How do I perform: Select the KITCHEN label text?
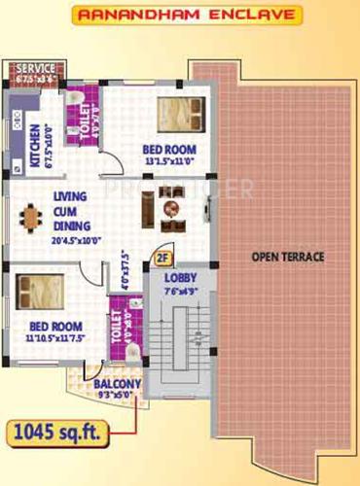tap(34, 145)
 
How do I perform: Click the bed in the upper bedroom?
tap(178, 115)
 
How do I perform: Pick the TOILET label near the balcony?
tap(119, 331)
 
